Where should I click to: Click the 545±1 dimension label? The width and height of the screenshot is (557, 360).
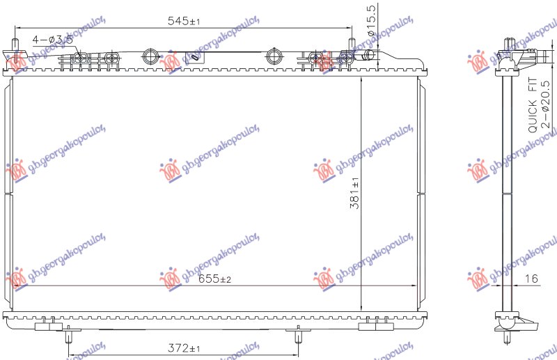coord(184,22)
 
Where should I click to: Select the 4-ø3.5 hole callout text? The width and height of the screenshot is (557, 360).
coord(52,40)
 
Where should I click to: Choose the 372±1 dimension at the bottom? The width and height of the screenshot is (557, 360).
coord(183,348)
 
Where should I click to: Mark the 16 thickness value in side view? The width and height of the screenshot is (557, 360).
coord(532,279)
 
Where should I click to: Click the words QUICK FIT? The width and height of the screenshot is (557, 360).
coord(532,105)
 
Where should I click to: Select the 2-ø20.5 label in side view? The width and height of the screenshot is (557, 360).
coord(546,105)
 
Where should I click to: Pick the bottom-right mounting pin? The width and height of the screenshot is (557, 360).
coord(298,336)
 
